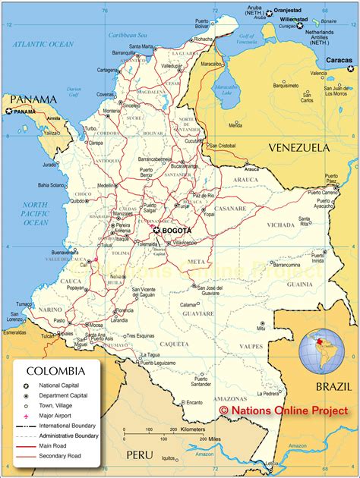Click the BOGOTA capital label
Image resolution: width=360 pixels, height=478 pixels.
176,230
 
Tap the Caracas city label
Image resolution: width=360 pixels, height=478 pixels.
339,59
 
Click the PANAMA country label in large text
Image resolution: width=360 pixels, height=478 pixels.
28,99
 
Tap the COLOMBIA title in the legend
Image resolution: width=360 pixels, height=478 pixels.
55,371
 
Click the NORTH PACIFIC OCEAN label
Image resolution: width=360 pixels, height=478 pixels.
35,213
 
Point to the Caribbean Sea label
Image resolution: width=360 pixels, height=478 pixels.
127,35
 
